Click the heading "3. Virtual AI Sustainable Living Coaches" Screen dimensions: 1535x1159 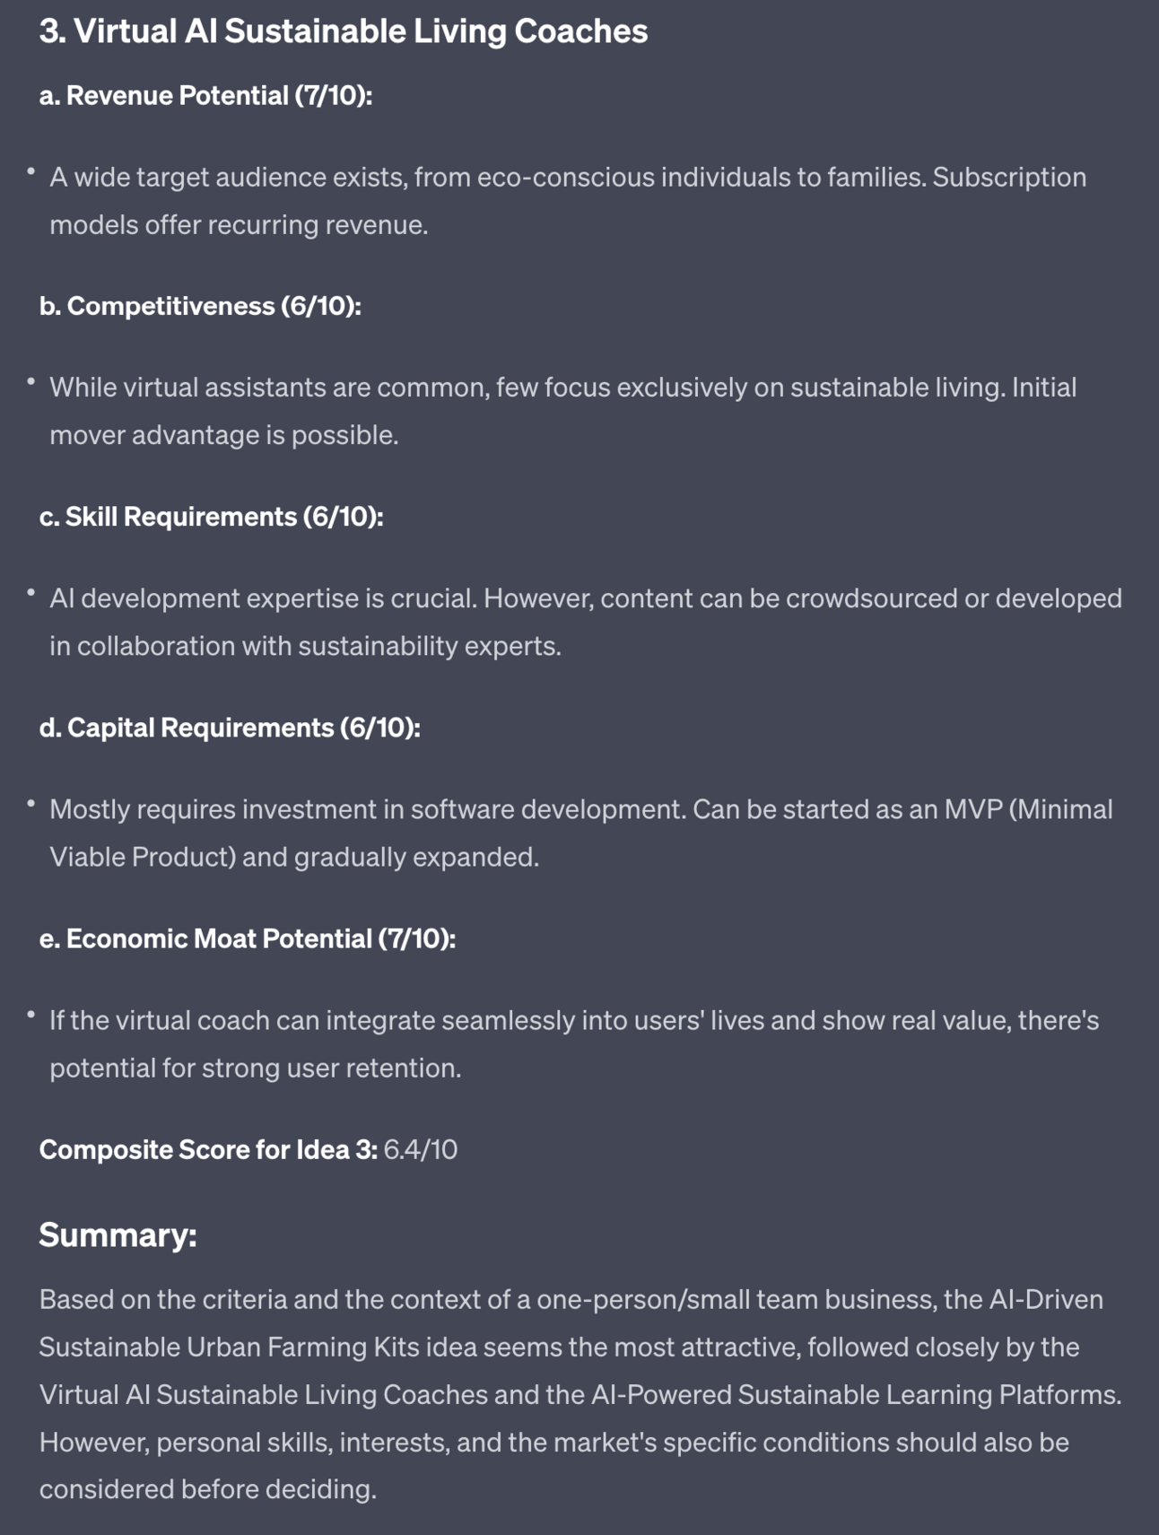coord(343,31)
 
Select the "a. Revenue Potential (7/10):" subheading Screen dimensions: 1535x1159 coord(205,95)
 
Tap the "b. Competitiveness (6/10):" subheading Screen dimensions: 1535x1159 coord(200,306)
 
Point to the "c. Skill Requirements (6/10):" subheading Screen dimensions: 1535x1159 coord(211,517)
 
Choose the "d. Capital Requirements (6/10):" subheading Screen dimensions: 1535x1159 coord(230,728)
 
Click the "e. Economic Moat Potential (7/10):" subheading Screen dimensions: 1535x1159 coord(247,938)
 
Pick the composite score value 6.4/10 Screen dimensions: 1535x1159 coord(420,1150)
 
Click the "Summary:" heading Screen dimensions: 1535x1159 coord(118,1235)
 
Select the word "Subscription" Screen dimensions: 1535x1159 coord(1009,178)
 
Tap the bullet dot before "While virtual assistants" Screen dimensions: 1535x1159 coord(30,382)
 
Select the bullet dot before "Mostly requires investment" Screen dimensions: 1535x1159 coord(30,804)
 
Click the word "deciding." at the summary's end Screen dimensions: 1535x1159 coord(323,1490)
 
